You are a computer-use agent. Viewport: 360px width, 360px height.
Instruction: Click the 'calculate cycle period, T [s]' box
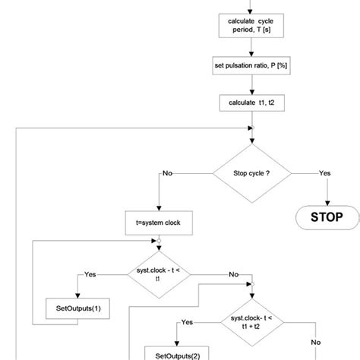250,28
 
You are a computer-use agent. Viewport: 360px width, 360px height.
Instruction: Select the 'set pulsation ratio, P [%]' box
250,65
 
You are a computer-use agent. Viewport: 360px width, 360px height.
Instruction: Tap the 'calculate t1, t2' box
250,101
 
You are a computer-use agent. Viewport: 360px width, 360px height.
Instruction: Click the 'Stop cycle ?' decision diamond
250,173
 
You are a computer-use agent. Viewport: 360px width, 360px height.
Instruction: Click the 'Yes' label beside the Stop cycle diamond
324,173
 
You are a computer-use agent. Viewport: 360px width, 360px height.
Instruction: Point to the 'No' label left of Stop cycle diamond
167,173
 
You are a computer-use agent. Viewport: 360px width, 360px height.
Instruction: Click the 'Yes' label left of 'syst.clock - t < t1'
90,274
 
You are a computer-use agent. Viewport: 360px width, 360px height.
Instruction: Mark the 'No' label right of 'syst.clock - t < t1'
233,274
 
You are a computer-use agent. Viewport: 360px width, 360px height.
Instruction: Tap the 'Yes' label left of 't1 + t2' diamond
187,323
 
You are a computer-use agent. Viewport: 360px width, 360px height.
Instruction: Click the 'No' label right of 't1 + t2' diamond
316,342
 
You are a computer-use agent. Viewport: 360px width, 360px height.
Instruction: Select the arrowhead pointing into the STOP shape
327,204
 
